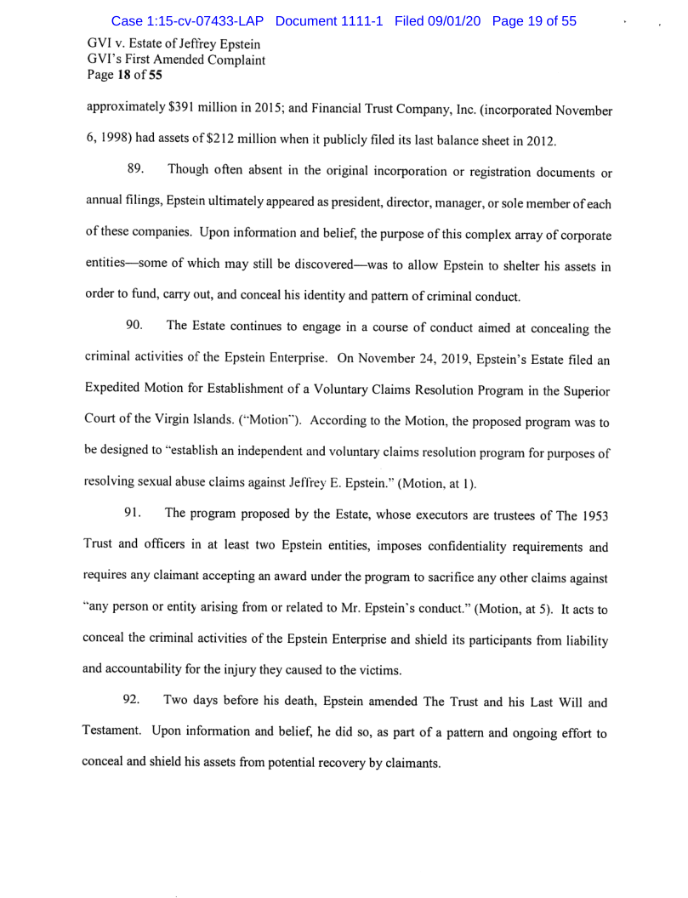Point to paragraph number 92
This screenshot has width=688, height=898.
click(135, 702)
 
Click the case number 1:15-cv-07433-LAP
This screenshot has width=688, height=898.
click(183, 21)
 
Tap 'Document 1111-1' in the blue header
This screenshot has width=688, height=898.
click(332, 21)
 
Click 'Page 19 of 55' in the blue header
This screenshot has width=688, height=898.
click(534, 21)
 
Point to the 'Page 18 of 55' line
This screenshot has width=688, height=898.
click(118, 75)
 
